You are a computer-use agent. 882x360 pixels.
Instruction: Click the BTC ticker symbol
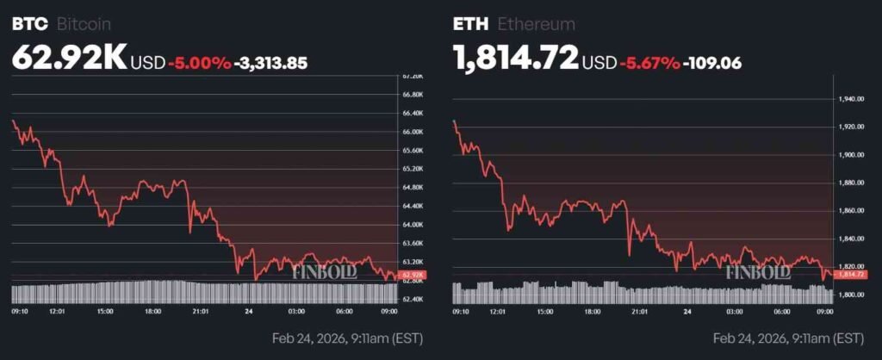(x=29, y=24)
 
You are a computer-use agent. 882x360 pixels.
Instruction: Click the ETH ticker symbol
(x=469, y=24)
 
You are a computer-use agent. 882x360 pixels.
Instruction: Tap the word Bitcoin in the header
(x=84, y=24)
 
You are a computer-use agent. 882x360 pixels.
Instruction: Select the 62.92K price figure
(x=69, y=58)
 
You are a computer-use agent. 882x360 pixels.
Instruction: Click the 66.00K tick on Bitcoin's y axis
(x=412, y=132)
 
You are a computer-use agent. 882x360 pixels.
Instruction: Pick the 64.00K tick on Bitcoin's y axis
(x=412, y=225)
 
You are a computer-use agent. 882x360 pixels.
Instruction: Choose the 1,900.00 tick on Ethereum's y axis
(x=851, y=155)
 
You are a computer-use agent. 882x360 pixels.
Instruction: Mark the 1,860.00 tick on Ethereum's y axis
(x=851, y=211)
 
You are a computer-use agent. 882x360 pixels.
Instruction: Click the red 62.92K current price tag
(x=413, y=276)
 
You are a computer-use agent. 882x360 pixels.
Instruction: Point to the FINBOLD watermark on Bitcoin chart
(x=323, y=271)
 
